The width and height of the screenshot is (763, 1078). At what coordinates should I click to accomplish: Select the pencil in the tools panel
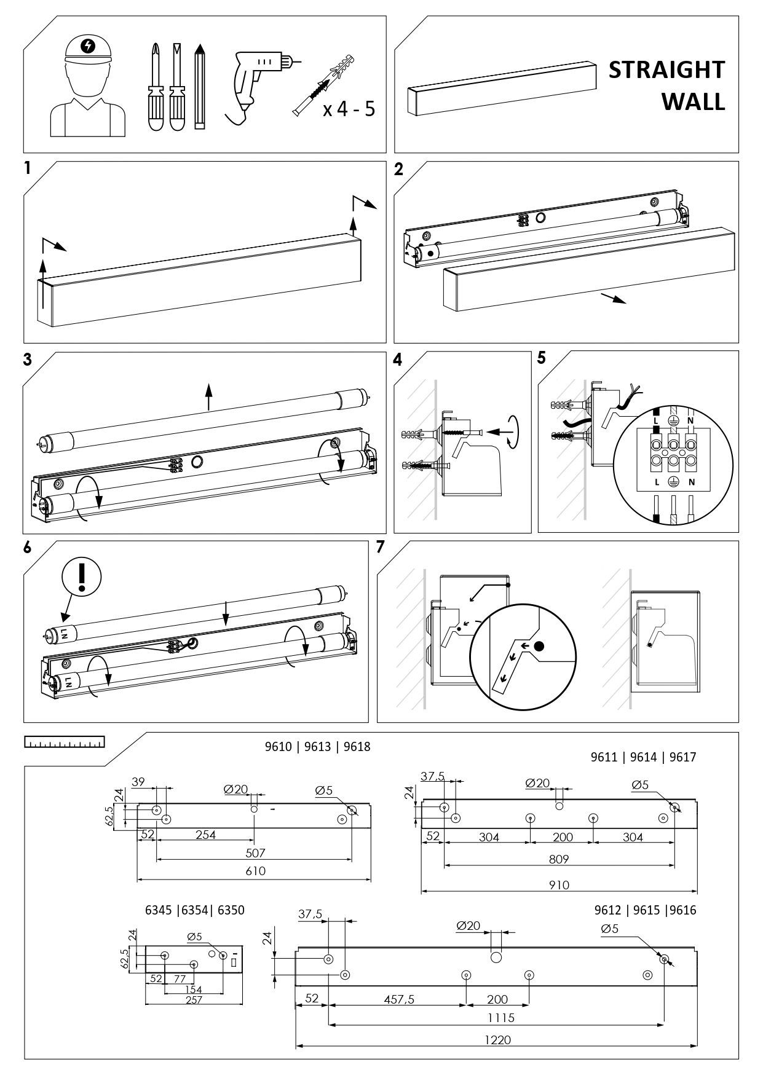199,86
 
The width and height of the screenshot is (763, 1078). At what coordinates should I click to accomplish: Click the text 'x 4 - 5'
349,109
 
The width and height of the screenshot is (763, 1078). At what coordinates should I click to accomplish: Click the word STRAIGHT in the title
666,70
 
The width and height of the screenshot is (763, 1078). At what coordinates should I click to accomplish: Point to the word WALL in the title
693,102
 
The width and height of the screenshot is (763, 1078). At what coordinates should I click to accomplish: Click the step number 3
28,360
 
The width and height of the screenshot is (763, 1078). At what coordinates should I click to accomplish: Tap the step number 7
381,547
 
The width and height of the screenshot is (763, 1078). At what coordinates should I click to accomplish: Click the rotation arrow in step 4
515,432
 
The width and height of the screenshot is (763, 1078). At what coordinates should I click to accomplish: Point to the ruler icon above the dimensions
64,742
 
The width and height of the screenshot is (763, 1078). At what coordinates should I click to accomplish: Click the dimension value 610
255,871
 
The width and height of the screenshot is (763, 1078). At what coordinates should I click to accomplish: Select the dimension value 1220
497,1040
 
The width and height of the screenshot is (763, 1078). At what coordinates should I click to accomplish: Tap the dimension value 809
559,859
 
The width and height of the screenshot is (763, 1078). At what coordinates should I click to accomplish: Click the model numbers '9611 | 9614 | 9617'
643,757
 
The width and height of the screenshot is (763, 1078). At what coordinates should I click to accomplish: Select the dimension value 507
255,853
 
